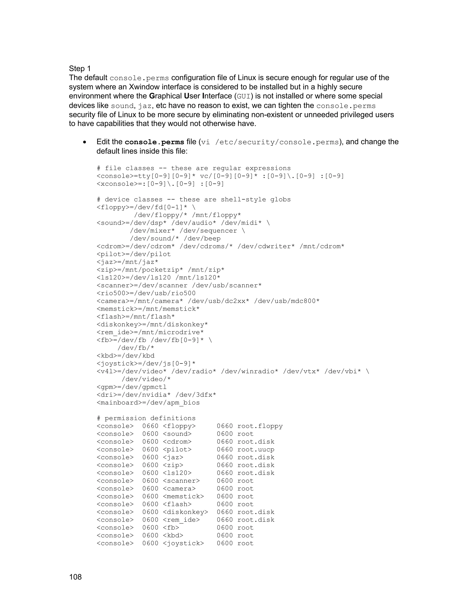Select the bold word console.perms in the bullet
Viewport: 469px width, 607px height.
[155, 142]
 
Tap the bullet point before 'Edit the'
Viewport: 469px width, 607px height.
[85, 142]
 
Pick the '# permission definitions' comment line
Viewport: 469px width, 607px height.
[146, 418]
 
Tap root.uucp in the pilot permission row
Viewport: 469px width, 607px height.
[256, 449]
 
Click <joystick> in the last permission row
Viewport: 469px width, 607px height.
[183, 543]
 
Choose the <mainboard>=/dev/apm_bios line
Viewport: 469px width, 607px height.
[148, 403]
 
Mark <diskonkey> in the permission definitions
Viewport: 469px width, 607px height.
[185, 512]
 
